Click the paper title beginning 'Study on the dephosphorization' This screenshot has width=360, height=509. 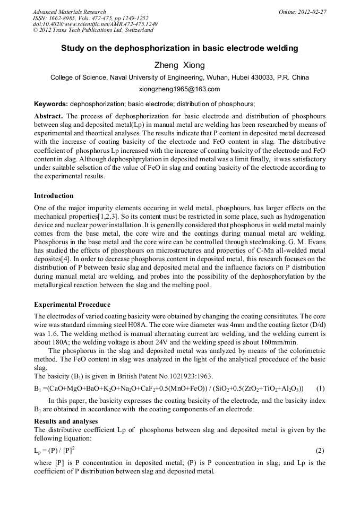pos(179,48)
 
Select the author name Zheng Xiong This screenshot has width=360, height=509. pos(179,65)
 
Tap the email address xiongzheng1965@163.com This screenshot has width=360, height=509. pos(179,89)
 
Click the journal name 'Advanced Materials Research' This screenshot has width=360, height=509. pos(69,12)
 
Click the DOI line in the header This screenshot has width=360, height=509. pos(95,24)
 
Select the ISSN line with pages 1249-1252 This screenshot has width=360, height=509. pos(90,18)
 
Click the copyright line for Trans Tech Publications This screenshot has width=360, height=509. pos(93,30)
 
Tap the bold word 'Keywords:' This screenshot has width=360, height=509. pos(51,103)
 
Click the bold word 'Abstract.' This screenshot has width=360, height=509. pos(49,116)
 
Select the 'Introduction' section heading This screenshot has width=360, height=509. pos(54,196)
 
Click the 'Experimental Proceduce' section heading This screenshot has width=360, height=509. pos(72,305)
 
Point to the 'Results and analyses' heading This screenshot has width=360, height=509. pos(66,421)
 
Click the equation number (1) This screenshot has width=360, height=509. pos(320,388)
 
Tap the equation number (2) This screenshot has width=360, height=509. pos(320,451)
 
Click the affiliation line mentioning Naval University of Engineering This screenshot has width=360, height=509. pos(179,77)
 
